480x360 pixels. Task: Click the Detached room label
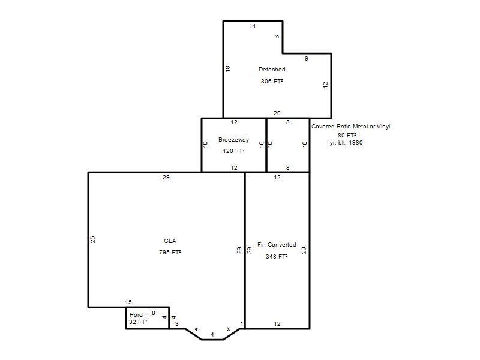pos(272,70)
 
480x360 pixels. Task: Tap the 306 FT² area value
pos(272,81)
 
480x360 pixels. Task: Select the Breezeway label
pos(233,140)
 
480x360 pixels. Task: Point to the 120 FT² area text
pos(233,151)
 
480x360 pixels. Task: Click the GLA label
pos(170,241)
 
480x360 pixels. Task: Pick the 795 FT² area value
pos(170,252)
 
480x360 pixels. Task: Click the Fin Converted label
pos(277,245)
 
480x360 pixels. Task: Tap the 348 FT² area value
pos(277,257)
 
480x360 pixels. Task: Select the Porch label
pos(137,314)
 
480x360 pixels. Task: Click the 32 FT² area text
pos(138,322)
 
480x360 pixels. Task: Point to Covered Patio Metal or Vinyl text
pos(351,127)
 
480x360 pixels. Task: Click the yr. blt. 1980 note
pos(346,143)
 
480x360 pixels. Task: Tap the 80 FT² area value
pos(347,135)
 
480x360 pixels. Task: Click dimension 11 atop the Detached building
pos(253,26)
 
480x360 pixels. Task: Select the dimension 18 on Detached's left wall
pos(227,68)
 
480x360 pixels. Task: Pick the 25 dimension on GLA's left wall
pos(93,239)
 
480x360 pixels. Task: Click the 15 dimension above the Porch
pos(128,302)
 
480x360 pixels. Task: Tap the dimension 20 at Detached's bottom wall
pos(277,113)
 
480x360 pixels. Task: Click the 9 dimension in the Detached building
pos(307,58)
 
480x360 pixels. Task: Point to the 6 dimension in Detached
pos(277,37)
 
